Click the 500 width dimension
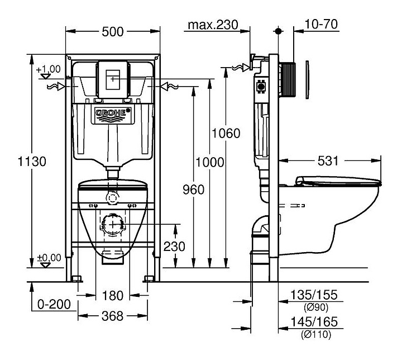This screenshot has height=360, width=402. (113, 32)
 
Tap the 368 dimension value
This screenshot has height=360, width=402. (113, 316)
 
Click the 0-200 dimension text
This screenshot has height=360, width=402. (54, 305)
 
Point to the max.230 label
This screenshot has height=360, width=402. (213, 25)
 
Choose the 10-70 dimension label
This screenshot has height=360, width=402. (322, 25)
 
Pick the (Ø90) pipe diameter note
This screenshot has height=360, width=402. (316, 307)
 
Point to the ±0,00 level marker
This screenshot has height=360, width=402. (48, 258)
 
